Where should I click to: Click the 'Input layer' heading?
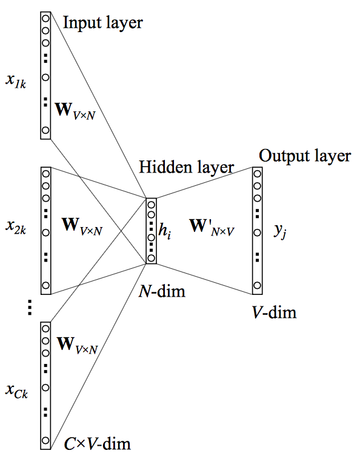coord(103,23)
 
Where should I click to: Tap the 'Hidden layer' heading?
coord(186,167)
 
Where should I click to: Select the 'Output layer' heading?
coord(305,156)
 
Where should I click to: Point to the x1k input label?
coord(16,81)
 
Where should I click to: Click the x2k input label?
coord(16,228)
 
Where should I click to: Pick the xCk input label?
coord(17,392)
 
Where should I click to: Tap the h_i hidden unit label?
coord(165,231)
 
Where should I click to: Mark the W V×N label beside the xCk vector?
coord(77,345)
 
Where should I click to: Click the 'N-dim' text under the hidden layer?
coord(162,291)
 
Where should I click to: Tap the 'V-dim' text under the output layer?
coord(274,312)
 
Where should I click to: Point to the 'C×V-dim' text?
coord(98,444)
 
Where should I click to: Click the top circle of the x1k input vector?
coord(45,18)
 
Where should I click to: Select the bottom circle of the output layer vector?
coord(257,285)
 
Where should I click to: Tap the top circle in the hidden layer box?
coord(151,205)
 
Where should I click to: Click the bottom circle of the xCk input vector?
coord(45,440)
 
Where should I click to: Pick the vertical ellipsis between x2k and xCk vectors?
coord(30,308)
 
